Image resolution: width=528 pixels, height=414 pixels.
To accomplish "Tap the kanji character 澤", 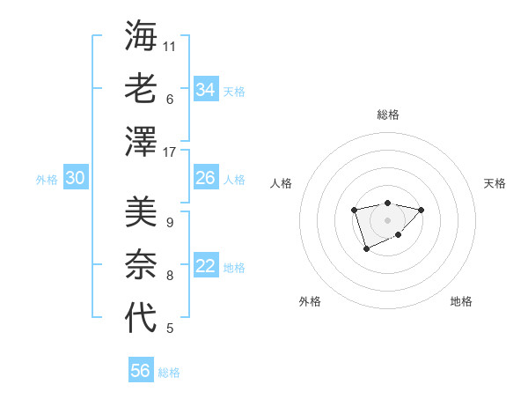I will tap(141, 143).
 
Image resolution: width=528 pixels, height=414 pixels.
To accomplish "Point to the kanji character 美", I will tap(141, 211).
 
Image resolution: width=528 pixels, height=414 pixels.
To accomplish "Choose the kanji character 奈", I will tap(141, 265).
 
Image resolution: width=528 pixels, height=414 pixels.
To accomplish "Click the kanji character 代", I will tap(141, 319).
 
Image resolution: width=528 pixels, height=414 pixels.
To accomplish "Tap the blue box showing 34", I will tap(205, 90).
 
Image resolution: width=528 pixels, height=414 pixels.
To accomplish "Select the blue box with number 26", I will tap(205, 179).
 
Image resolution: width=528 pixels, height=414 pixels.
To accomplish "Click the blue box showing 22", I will tap(205, 267).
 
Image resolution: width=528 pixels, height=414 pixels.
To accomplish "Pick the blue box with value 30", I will tap(75, 179).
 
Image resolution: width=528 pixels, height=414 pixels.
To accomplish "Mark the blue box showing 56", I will tap(140, 371).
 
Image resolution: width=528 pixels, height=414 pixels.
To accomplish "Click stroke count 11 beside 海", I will tap(170, 46).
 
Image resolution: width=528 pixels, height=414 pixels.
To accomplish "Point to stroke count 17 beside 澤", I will tap(170, 152).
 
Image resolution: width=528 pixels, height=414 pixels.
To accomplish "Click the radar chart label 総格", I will tap(387, 115).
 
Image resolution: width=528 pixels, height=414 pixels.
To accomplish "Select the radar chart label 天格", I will tap(495, 183).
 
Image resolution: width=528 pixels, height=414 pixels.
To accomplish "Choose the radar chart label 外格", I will tap(310, 301).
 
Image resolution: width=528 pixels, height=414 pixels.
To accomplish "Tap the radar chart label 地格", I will tap(461, 301).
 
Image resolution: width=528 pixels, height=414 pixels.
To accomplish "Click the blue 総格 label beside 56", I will tap(169, 373).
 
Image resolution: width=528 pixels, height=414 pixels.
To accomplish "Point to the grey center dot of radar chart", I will tap(387, 219).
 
